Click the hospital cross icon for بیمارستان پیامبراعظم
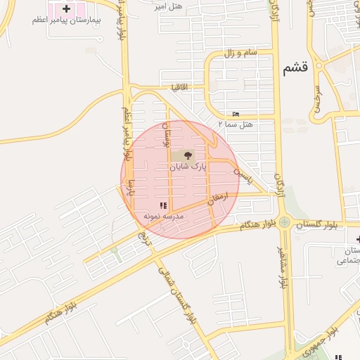66,9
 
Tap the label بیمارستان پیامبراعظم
66,20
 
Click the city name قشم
296,68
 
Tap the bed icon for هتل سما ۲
236,114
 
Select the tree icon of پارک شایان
188,155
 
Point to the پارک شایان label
188,168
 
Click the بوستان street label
167,134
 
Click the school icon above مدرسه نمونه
163,206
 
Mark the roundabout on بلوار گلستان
284,224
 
